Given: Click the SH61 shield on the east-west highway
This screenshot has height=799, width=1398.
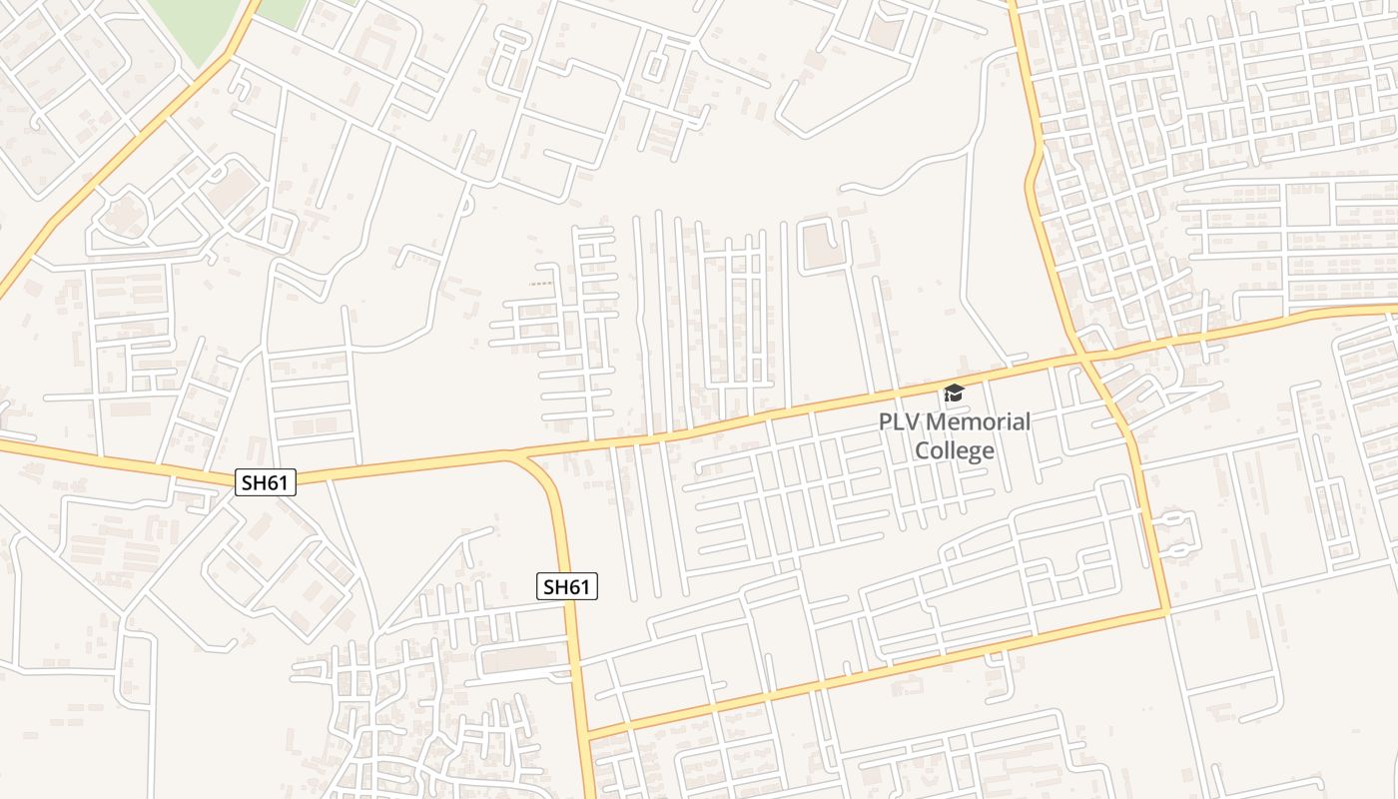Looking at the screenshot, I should tap(267, 482).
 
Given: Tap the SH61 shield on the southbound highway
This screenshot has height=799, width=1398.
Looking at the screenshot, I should tap(567, 586).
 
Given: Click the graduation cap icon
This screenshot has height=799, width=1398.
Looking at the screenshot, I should tap(954, 393).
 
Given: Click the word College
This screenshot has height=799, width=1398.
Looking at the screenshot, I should tap(955, 450).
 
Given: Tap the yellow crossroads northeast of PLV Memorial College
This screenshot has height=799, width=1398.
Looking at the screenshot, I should tap(1080, 355).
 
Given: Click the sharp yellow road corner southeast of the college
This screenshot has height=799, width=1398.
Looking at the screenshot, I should tap(1166, 610).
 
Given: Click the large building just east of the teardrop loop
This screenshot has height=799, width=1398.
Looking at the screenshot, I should tap(232, 190).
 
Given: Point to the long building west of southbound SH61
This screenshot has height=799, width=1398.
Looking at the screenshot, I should tap(518, 659).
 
